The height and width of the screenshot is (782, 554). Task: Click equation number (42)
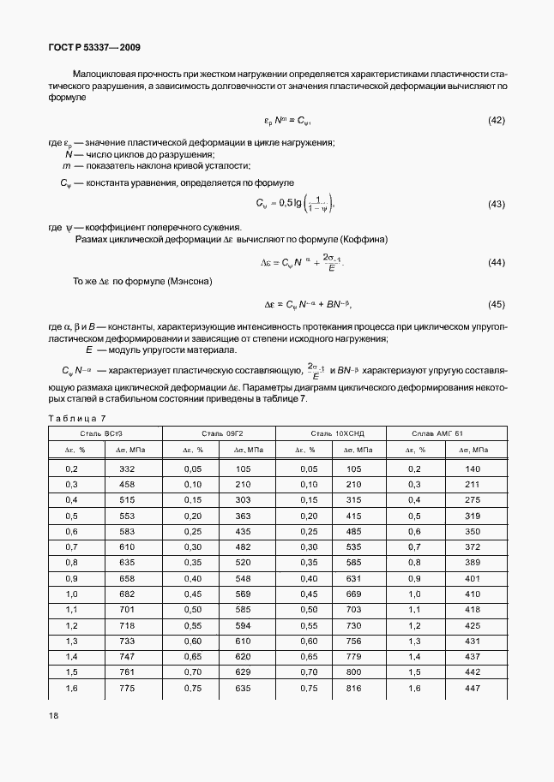coord(496,121)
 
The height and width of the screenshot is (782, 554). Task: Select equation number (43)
coord(496,204)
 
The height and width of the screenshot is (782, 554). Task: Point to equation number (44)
coord(496,262)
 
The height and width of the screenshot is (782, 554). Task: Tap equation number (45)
coord(496,304)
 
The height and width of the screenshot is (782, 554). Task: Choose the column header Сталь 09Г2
coord(217,434)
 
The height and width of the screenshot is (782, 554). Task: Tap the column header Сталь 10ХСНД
coord(330,434)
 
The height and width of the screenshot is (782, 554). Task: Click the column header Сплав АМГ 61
coord(443,434)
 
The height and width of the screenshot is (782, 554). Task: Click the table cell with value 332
coord(127,469)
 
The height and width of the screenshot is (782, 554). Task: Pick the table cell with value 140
coord(472,469)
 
